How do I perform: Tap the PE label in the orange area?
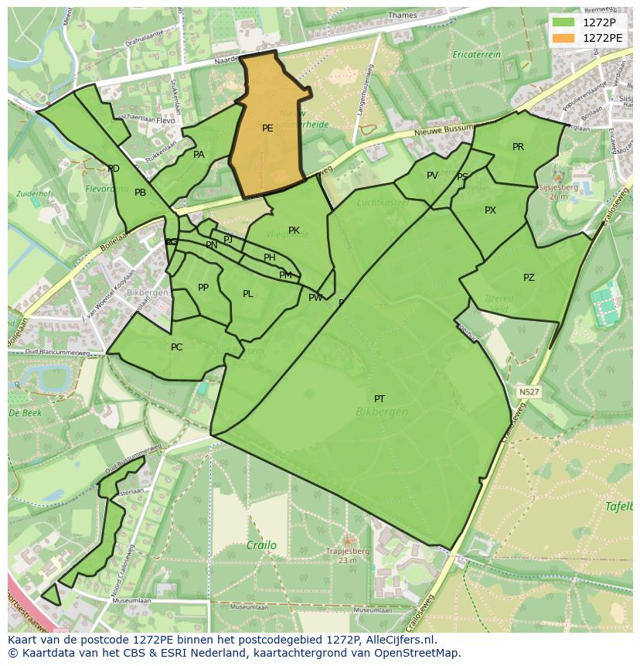tap(267, 128)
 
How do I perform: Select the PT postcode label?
tap(380, 399)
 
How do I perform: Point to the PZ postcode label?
tap(529, 278)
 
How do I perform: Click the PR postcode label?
tap(518, 147)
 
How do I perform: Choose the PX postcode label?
tap(490, 210)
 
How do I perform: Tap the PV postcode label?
tap(432, 176)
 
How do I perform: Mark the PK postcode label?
tap(294, 231)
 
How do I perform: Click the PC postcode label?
tap(176, 347)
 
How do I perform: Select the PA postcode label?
tap(199, 155)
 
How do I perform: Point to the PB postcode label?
tap(140, 193)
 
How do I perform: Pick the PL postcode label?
tap(247, 294)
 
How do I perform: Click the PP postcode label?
tap(203, 288)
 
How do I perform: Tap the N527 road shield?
tap(529, 392)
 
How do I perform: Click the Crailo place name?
tap(261, 545)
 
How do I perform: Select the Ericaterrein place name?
tap(477, 55)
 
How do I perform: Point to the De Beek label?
tap(25, 413)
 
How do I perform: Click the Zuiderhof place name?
tap(34, 193)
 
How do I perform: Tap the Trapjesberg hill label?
tap(347, 552)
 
